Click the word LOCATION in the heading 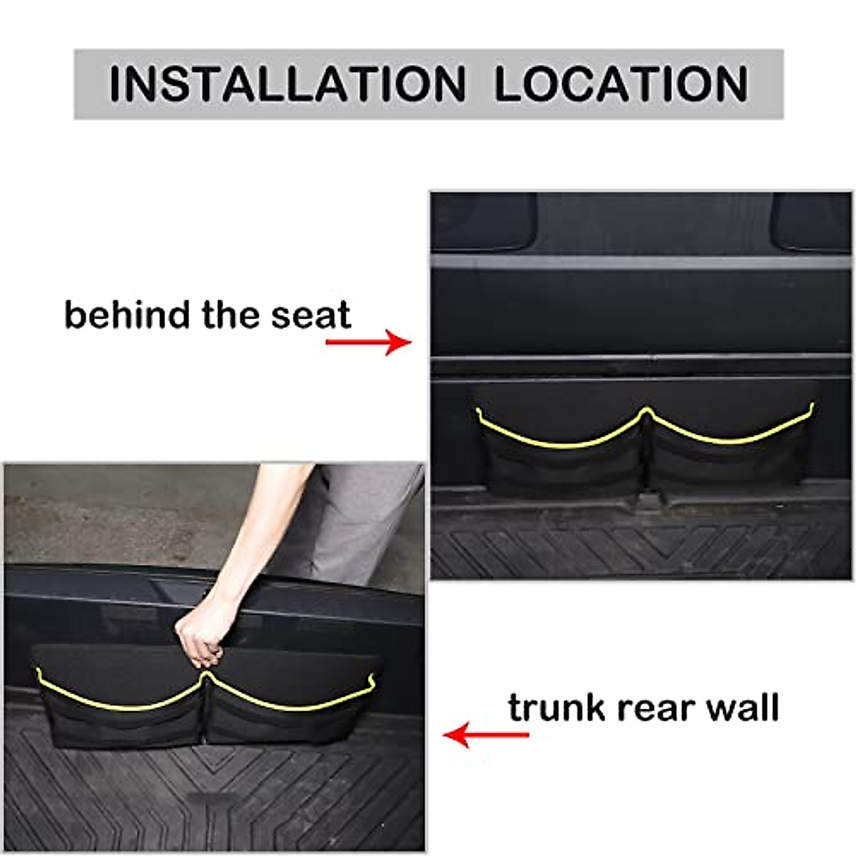click(621, 83)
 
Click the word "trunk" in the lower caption click(556, 708)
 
